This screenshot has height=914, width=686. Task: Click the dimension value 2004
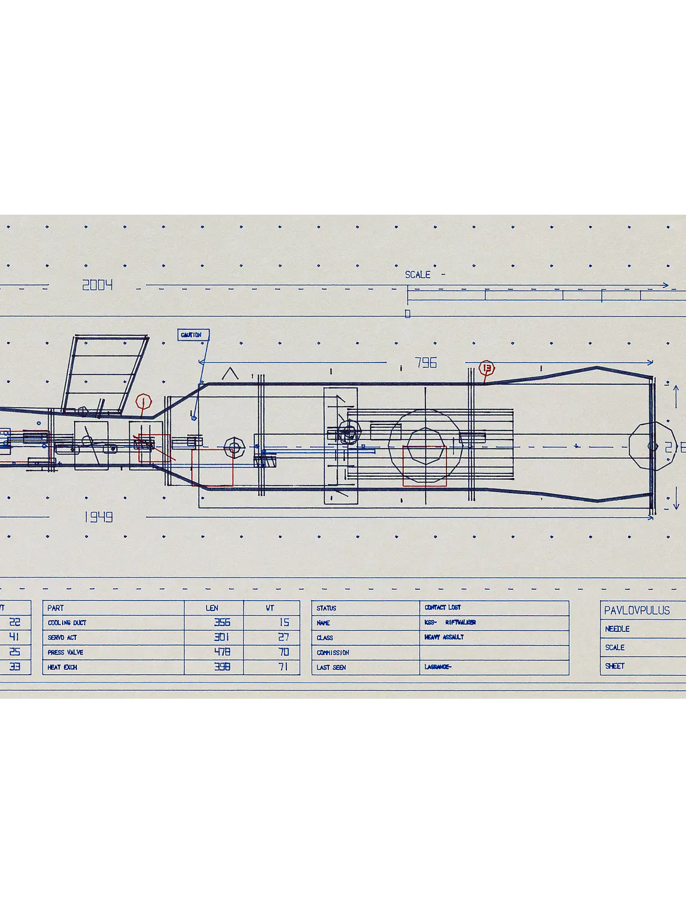97,285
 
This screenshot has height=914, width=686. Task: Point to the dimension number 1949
98,517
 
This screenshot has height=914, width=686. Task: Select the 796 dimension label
425,363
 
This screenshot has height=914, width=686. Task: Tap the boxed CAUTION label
193,335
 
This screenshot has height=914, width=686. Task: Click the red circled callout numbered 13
486,368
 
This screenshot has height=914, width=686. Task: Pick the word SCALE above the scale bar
418,275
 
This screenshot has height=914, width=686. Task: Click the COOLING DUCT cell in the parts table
67,623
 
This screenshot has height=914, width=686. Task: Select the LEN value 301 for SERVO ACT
222,637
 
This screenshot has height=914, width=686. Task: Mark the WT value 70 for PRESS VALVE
283,652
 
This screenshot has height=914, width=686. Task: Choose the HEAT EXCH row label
63,667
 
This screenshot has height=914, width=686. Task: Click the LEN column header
212,608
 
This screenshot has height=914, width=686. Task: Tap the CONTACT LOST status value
442,607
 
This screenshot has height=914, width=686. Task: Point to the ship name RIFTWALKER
460,622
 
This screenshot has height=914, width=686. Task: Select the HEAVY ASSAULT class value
444,637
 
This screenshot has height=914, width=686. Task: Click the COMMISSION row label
333,652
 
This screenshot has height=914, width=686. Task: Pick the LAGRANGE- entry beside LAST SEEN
437,667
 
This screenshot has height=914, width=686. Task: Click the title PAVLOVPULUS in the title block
637,610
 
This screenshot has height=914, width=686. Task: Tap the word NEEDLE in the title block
617,629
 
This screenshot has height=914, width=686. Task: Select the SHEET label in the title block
615,666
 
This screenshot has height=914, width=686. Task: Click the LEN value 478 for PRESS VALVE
222,652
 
